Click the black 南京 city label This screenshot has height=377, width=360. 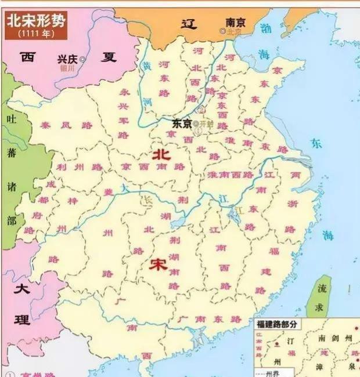[236, 21]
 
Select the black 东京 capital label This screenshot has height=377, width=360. [182, 124]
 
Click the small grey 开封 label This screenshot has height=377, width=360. [206, 124]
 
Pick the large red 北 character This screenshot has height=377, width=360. [161, 155]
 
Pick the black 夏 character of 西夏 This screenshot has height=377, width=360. [107, 57]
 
